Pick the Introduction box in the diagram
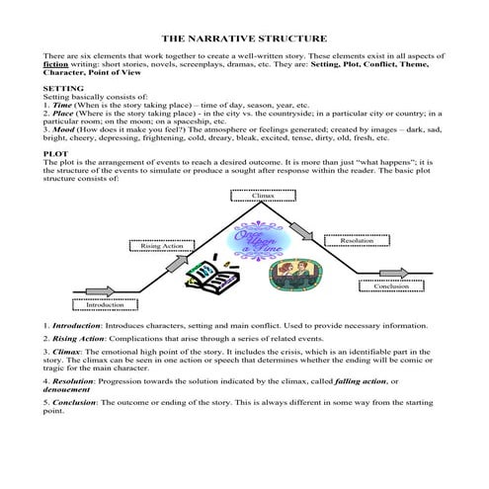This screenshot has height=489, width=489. click(106, 305)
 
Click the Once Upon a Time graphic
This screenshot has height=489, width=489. click(260, 240)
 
